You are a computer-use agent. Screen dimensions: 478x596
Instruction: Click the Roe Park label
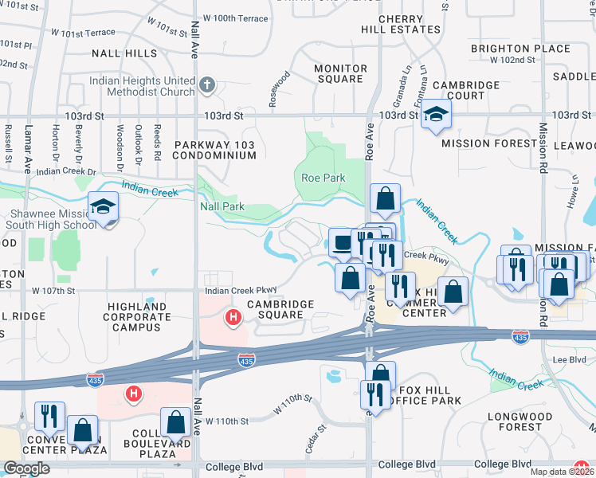(321, 178)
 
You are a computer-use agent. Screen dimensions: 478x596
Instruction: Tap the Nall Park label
(222, 207)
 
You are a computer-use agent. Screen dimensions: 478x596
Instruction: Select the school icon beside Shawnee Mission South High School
(104, 207)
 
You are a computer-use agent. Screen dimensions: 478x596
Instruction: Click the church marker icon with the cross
(206, 84)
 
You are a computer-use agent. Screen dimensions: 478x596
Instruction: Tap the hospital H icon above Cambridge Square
(233, 319)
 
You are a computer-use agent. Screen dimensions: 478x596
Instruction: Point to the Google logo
(25, 468)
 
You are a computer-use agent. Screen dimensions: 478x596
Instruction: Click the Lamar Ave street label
(27, 149)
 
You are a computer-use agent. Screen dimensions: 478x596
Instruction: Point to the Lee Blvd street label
(569, 360)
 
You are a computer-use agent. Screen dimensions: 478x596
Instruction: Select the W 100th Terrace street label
(235, 17)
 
